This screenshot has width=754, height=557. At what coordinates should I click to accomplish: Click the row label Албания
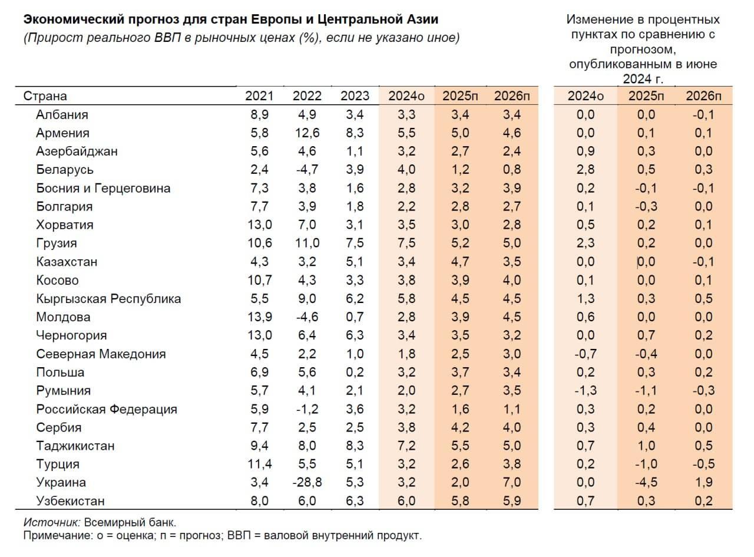click(62, 114)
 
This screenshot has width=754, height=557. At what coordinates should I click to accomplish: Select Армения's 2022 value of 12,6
click(307, 133)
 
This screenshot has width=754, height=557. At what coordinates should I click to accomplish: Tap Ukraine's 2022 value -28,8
click(307, 482)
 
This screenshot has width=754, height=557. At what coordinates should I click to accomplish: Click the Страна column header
click(45, 96)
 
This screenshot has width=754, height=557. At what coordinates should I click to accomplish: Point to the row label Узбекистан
click(70, 501)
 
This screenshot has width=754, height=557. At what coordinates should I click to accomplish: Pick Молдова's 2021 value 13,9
click(259, 317)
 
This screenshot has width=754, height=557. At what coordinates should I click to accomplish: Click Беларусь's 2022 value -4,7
click(307, 170)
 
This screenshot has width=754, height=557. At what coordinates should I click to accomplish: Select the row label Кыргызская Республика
click(108, 298)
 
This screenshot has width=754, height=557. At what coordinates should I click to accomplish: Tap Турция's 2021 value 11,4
click(259, 464)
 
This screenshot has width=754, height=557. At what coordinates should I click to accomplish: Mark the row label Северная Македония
click(101, 354)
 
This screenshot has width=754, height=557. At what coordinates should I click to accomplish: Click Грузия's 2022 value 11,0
click(307, 243)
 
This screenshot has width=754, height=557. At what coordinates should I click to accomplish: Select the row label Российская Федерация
click(106, 409)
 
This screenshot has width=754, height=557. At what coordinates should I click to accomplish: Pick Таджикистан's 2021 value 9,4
click(259, 446)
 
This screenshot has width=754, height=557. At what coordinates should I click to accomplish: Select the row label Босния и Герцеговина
click(103, 188)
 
